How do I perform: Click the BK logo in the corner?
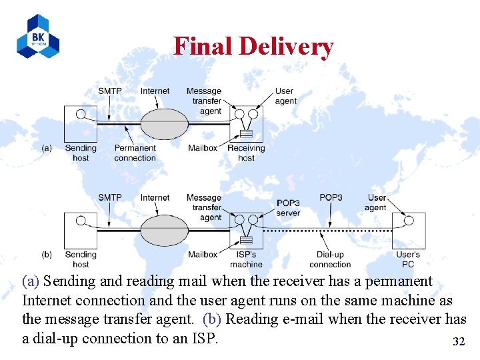38,36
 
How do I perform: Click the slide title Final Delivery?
253,46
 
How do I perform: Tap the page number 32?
459,341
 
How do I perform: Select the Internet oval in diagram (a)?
164,123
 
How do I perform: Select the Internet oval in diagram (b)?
164,230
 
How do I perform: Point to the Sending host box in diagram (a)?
80,123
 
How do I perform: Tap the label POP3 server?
288,208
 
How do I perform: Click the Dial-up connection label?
330,259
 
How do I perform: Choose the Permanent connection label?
135,153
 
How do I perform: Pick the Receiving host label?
246,153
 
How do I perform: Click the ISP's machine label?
246,259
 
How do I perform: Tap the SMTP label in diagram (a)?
110,91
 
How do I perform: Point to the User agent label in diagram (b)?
376,202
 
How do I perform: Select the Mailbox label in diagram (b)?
202,255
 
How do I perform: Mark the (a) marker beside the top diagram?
47,148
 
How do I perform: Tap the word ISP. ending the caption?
201,338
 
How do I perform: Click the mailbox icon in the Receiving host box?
245,132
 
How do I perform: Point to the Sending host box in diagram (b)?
80,230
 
